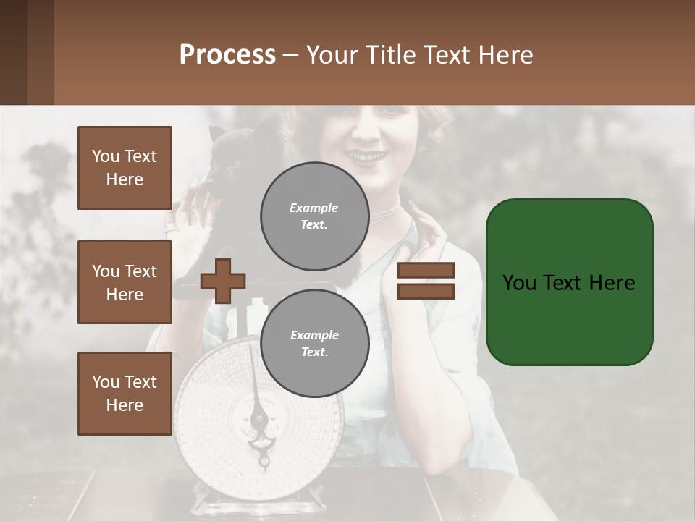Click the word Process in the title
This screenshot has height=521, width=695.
pos(227,54)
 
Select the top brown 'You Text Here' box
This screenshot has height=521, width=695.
pos(125,168)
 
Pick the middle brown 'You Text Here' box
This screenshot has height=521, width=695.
pos(125,282)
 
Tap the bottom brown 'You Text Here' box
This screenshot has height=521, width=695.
pos(125,393)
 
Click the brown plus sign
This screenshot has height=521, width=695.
pos(223,281)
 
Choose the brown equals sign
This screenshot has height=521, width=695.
pos(426,281)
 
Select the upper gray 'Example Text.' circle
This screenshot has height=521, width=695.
pos(314,216)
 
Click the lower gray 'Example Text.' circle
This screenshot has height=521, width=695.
pos(314,344)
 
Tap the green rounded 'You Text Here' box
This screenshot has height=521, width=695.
pos(569,282)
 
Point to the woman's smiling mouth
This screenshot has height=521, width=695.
pos(370,156)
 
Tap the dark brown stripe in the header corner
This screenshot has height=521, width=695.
pos(13,52)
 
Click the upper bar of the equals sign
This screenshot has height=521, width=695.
pos(426,271)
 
